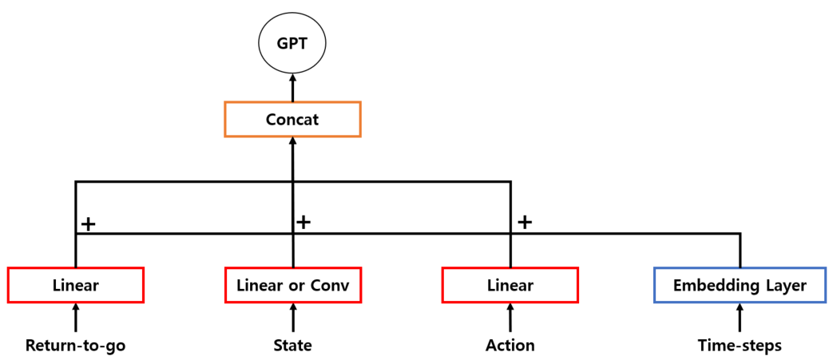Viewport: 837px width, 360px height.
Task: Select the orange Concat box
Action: click(292, 119)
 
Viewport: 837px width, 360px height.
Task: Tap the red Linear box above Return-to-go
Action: click(75, 285)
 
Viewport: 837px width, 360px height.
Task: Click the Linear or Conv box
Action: click(292, 285)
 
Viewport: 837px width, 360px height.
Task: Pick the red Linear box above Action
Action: click(510, 285)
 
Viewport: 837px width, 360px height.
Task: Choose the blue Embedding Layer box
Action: click(740, 285)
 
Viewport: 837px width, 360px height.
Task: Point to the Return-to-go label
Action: click(75, 346)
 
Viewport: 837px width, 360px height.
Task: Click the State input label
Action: click(292, 346)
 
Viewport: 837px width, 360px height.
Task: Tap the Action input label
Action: click(510, 346)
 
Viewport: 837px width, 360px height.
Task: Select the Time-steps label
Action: click(740, 346)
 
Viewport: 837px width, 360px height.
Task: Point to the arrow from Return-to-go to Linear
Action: click(75, 318)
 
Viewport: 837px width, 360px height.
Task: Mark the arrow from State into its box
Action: click(292, 318)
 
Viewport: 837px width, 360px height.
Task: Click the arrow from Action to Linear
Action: click(510, 318)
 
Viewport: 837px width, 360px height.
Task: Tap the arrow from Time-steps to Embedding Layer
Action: click(740, 318)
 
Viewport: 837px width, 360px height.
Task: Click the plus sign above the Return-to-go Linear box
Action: click(88, 224)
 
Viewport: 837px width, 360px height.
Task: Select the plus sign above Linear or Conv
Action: click(303, 221)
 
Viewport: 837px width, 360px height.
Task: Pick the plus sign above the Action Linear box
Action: click(524, 222)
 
